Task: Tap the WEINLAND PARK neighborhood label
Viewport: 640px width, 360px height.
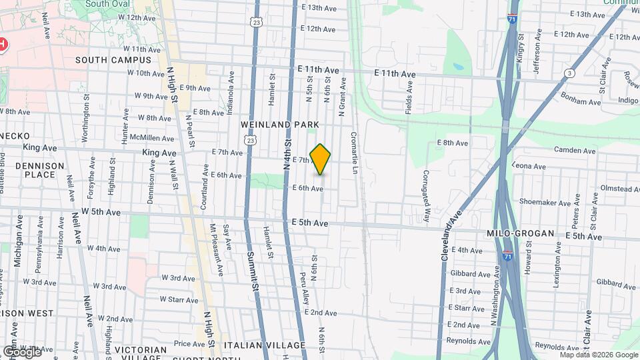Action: (280, 125)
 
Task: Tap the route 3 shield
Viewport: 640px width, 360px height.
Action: (569, 73)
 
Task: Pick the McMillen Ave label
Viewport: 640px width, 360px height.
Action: (153, 139)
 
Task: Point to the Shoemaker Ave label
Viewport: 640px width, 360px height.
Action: (541, 202)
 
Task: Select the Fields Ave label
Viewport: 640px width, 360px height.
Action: (409, 97)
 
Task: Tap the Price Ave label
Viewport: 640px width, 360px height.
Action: (189, 344)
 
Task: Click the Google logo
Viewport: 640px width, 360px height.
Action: (22, 351)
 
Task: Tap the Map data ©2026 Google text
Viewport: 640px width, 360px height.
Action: (599, 355)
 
